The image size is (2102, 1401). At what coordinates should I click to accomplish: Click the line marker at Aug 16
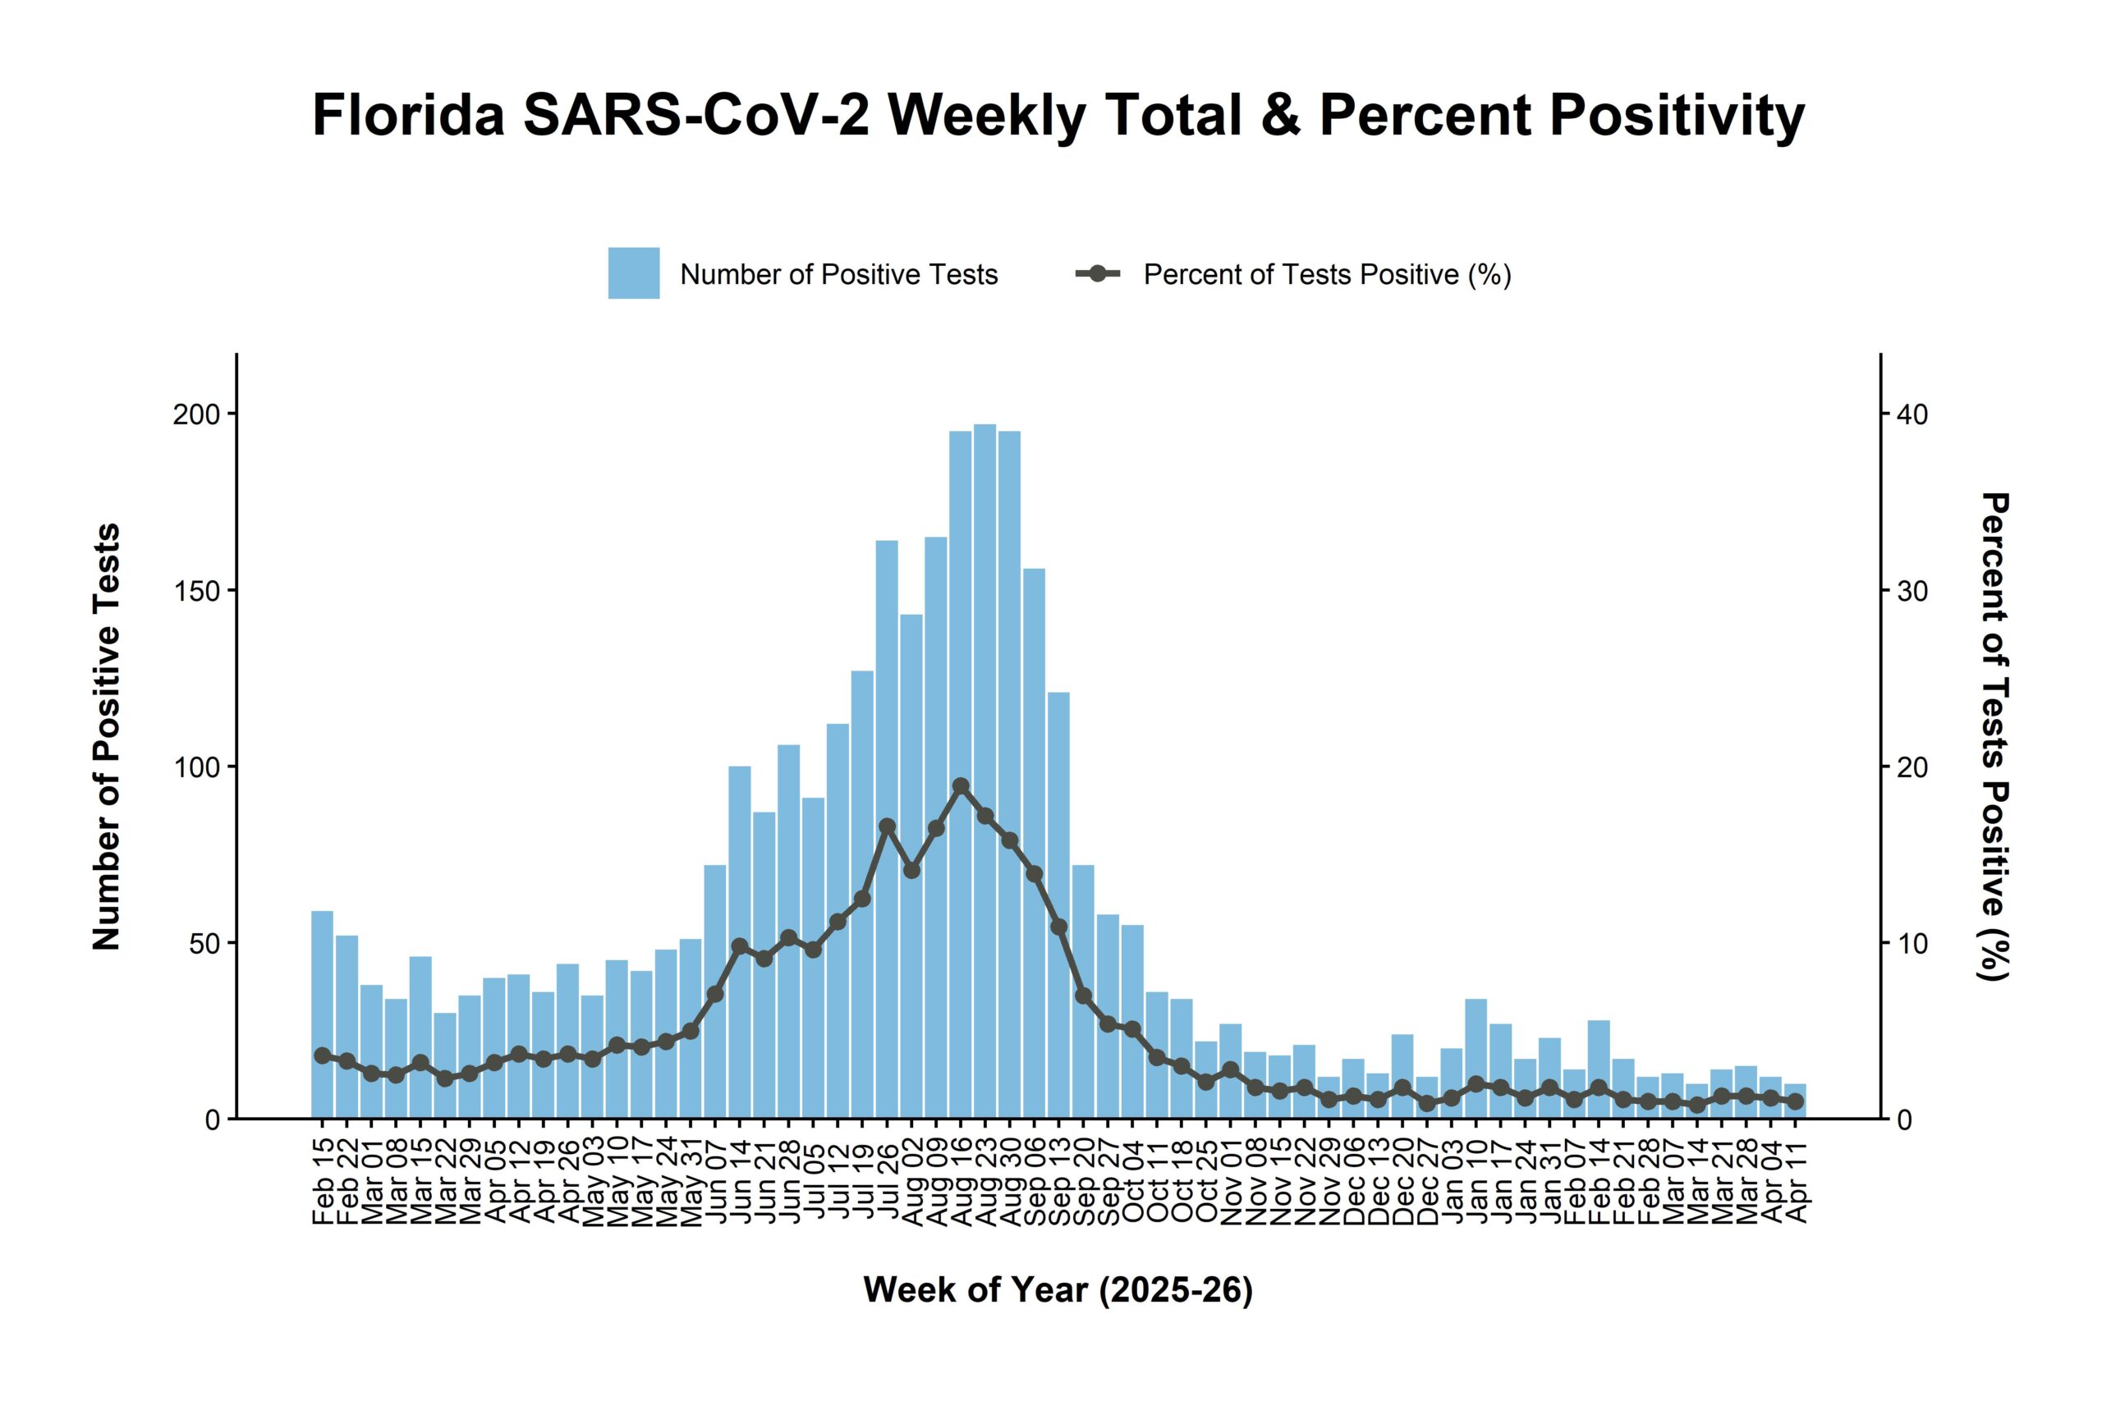point(961,786)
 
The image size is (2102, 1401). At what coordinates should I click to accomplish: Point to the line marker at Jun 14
point(739,945)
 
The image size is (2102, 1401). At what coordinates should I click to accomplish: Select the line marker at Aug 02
point(911,870)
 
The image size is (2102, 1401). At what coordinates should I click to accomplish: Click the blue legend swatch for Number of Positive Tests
point(634,273)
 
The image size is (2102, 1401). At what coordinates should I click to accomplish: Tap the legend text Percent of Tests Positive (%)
point(1327,274)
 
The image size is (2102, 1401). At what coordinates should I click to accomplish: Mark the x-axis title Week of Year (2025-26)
point(1058,1290)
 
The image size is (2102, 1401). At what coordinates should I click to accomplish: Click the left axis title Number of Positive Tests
point(107,736)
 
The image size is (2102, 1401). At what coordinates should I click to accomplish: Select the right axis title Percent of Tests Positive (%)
point(1994,736)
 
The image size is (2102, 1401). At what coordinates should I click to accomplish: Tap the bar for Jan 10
point(1476,1059)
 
